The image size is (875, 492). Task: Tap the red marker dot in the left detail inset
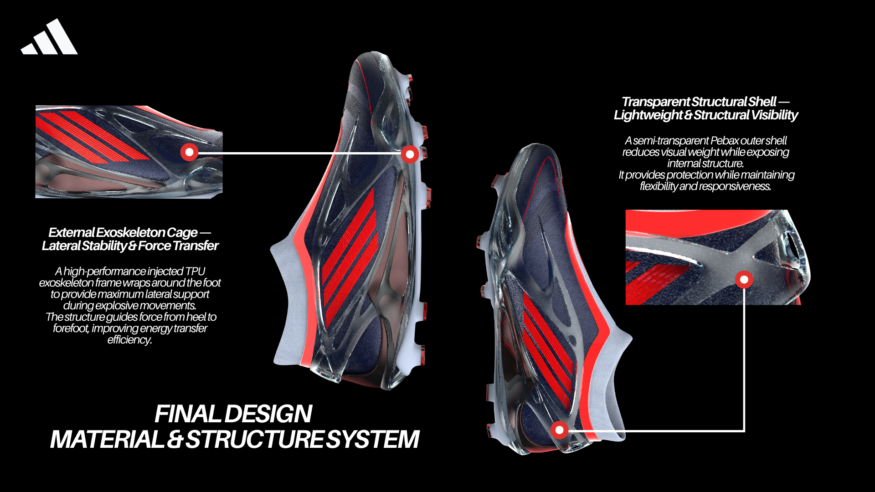click(x=189, y=152)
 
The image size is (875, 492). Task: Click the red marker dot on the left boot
click(x=410, y=154)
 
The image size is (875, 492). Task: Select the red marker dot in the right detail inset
click(x=744, y=279)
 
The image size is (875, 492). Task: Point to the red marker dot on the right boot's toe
click(x=559, y=430)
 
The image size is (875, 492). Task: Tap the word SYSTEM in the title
click(x=373, y=440)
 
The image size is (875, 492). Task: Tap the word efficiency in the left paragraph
click(x=129, y=340)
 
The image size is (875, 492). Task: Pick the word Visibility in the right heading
click(x=774, y=115)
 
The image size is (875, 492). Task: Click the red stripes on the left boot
click(x=349, y=255)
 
